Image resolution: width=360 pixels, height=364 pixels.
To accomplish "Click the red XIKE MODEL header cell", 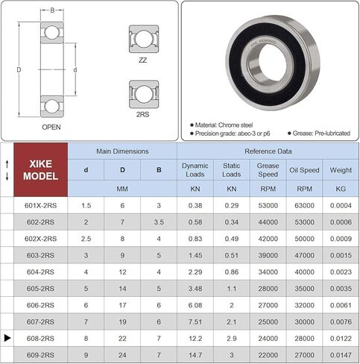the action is pos(41,170).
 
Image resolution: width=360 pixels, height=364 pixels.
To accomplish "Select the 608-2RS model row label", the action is pos(40,339).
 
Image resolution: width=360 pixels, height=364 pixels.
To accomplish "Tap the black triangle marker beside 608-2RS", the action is pos(7,338).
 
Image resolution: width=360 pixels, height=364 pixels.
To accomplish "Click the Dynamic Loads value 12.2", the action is pos(195,339).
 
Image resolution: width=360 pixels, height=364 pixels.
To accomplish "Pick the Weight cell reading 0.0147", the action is pos(341,355).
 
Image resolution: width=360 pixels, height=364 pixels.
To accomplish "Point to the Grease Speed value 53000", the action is pos(268,206).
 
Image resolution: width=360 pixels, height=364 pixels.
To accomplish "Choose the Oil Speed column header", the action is pos(304,170).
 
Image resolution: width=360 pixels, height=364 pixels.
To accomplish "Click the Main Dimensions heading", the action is pos(122,151).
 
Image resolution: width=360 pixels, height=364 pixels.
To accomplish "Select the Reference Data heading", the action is pos(268,151).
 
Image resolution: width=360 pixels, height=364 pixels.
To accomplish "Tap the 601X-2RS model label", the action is pos(40,206).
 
